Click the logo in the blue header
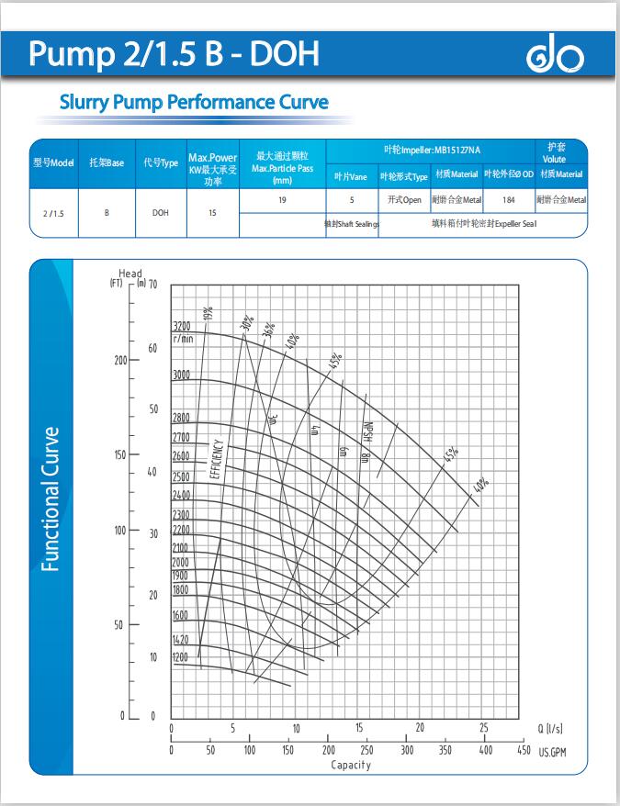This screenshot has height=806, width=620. (x=554, y=58)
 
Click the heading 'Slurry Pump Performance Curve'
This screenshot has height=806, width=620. (x=194, y=102)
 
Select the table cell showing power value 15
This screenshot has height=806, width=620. (x=212, y=213)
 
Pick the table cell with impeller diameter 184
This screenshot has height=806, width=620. (x=509, y=199)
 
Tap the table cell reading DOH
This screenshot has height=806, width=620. (x=160, y=213)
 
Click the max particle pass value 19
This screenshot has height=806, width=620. (x=282, y=199)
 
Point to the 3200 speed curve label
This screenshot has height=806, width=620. (x=181, y=326)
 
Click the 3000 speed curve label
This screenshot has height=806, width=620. (x=181, y=375)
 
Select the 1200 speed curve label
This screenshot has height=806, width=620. (x=180, y=657)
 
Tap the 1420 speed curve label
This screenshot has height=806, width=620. (x=180, y=639)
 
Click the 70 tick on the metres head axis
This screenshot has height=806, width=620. (x=152, y=285)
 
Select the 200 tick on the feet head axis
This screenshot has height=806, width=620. (x=120, y=360)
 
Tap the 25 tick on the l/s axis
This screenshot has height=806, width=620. (x=484, y=728)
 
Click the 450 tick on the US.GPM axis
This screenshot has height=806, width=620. (x=524, y=750)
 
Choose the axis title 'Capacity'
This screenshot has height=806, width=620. (x=351, y=765)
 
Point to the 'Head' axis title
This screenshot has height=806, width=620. (x=130, y=274)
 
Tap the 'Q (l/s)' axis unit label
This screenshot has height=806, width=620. (x=549, y=729)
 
